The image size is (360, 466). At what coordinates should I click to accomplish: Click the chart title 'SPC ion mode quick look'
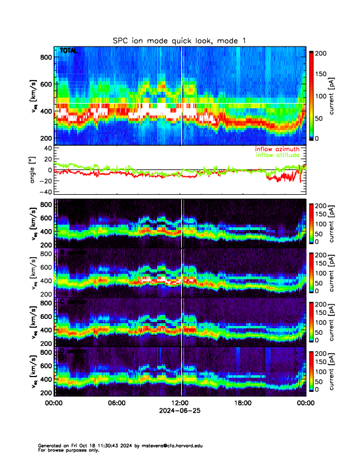[179, 40]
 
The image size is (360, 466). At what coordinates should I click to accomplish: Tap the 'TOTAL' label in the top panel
[68, 51]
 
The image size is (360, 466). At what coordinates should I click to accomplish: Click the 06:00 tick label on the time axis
[116, 404]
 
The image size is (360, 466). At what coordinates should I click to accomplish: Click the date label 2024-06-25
[179, 412]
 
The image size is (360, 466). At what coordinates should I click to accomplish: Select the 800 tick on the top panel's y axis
[45, 57]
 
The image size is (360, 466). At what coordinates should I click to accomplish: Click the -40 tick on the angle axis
[44, 192]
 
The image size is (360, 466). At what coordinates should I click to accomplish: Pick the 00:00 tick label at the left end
[54, 404]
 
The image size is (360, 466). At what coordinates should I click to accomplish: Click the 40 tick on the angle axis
[45, 148]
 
